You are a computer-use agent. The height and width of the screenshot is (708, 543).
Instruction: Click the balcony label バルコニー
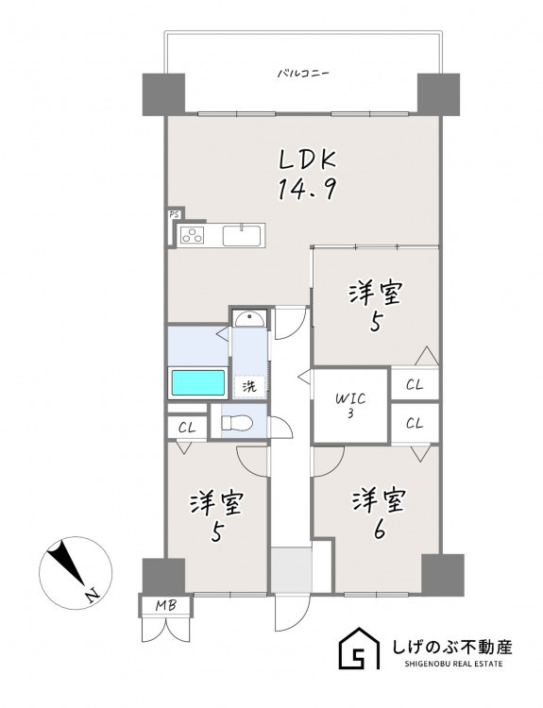pos(303,73)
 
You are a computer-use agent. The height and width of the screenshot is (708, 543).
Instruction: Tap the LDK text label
pos(308,160)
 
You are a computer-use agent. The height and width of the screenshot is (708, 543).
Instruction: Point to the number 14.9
pos(307,189)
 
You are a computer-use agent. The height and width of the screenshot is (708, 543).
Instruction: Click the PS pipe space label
pos(174,215)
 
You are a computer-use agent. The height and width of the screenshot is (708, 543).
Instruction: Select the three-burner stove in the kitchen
pos(192,235)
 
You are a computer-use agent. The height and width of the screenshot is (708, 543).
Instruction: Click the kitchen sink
pos(241,235)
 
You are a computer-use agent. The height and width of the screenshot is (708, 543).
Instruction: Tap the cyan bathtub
pos(198,383)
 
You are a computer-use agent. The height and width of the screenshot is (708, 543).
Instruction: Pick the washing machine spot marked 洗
pos(249,386)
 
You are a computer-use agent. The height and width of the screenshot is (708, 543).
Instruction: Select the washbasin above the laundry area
pos(250,319)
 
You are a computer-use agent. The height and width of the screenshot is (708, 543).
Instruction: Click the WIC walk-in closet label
pos(350,399)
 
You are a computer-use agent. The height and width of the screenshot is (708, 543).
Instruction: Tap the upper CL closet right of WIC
pos(415,385)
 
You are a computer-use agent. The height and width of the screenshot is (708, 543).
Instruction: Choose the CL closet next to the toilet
pos(187,427)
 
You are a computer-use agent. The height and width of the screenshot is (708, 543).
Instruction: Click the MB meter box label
pos(166,605)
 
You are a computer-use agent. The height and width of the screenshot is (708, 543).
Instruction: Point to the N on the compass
pos(93,596)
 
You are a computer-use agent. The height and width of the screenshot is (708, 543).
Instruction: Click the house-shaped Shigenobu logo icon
pos(360,648)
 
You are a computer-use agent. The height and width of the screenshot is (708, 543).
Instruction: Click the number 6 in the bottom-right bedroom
pos(380,531)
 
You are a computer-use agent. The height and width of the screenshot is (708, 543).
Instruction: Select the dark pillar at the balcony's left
pos(164,93)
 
